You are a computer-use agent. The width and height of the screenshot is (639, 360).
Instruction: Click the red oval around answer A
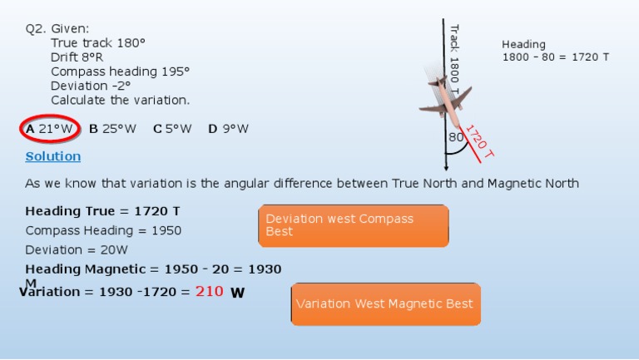(49, 129)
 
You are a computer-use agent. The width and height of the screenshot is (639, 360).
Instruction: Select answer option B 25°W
(112, 129)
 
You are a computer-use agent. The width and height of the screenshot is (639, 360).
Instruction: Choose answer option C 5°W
(172, 129)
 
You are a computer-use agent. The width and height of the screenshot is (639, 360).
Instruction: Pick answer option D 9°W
(228, 129)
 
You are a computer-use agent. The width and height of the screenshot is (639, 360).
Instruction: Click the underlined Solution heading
(53, 156)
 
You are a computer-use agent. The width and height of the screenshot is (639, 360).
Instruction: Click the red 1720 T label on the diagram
(479, 142)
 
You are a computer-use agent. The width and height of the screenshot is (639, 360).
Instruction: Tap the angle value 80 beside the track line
(456, 137)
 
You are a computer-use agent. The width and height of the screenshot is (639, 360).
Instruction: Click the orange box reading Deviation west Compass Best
(353, 225)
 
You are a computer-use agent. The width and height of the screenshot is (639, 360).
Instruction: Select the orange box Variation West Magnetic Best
(384, 303)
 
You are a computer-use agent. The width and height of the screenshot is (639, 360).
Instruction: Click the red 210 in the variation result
(209, 291)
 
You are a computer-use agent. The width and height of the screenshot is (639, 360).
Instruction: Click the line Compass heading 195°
(120, 72)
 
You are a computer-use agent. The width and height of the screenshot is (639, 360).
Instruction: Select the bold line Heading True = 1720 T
(102, 211)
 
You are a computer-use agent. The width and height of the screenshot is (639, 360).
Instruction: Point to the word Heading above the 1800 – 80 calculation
(523, 44)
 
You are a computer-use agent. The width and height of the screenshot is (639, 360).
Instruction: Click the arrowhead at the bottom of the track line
(446, 166)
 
